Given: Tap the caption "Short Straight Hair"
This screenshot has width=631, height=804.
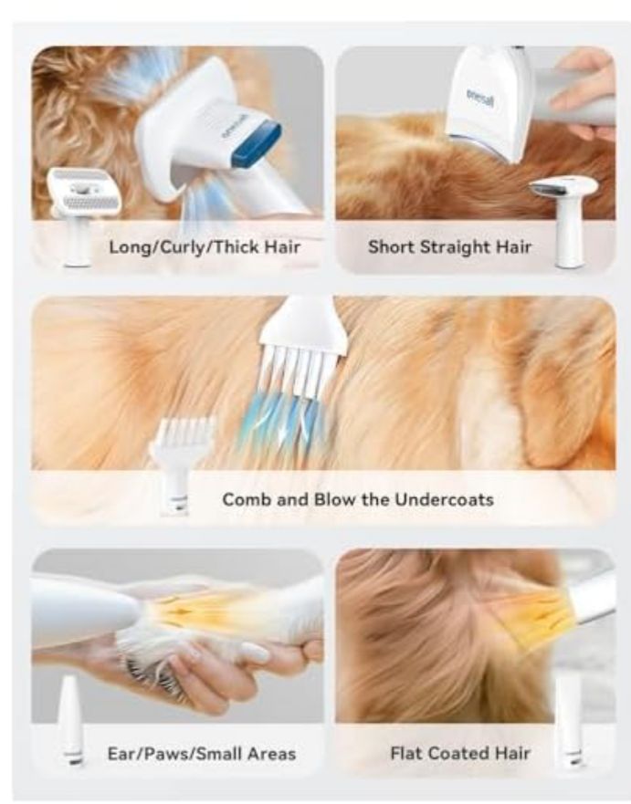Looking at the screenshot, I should (449, 246).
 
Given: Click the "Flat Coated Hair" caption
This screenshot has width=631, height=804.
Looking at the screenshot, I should (460, 754).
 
